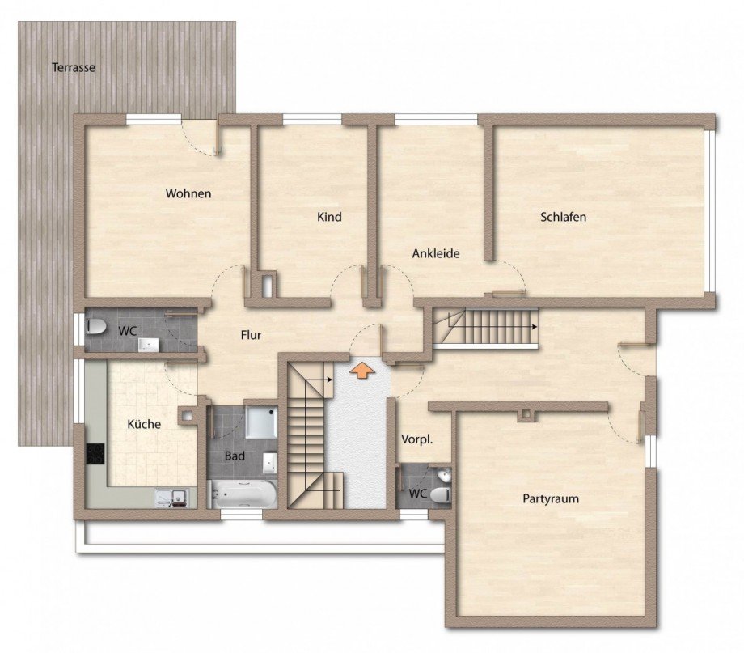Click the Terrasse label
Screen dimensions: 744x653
[x=74, y=67]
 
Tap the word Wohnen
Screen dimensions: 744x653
[x=188, y=193]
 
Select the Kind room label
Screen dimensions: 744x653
[x=329, y=217]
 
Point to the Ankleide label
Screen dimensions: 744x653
[x=436, y=253]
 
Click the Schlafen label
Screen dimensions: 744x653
[x=563, y=217]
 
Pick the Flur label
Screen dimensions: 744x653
[x=251, y=335]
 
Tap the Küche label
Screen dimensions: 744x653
[x=144, y=424]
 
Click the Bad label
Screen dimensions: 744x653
[x=235, y=456]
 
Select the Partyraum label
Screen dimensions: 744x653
[x=551, y=499]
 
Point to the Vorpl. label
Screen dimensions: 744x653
[x=417, y=439]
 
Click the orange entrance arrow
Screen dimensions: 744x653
[x=361, y=371]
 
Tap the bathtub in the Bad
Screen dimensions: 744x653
[x=243, y=494]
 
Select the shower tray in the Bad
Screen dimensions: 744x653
[x=261, y=422]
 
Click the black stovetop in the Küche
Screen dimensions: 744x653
[x=95, y=455]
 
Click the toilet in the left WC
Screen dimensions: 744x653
[x=96, y=326]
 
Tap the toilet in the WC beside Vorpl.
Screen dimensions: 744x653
[x=440, y=495]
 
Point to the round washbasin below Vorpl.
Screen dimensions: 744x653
[x=444, y=474]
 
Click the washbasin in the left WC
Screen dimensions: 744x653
[x=149, y=345]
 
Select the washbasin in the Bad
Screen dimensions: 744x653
[x=269, y=461]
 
